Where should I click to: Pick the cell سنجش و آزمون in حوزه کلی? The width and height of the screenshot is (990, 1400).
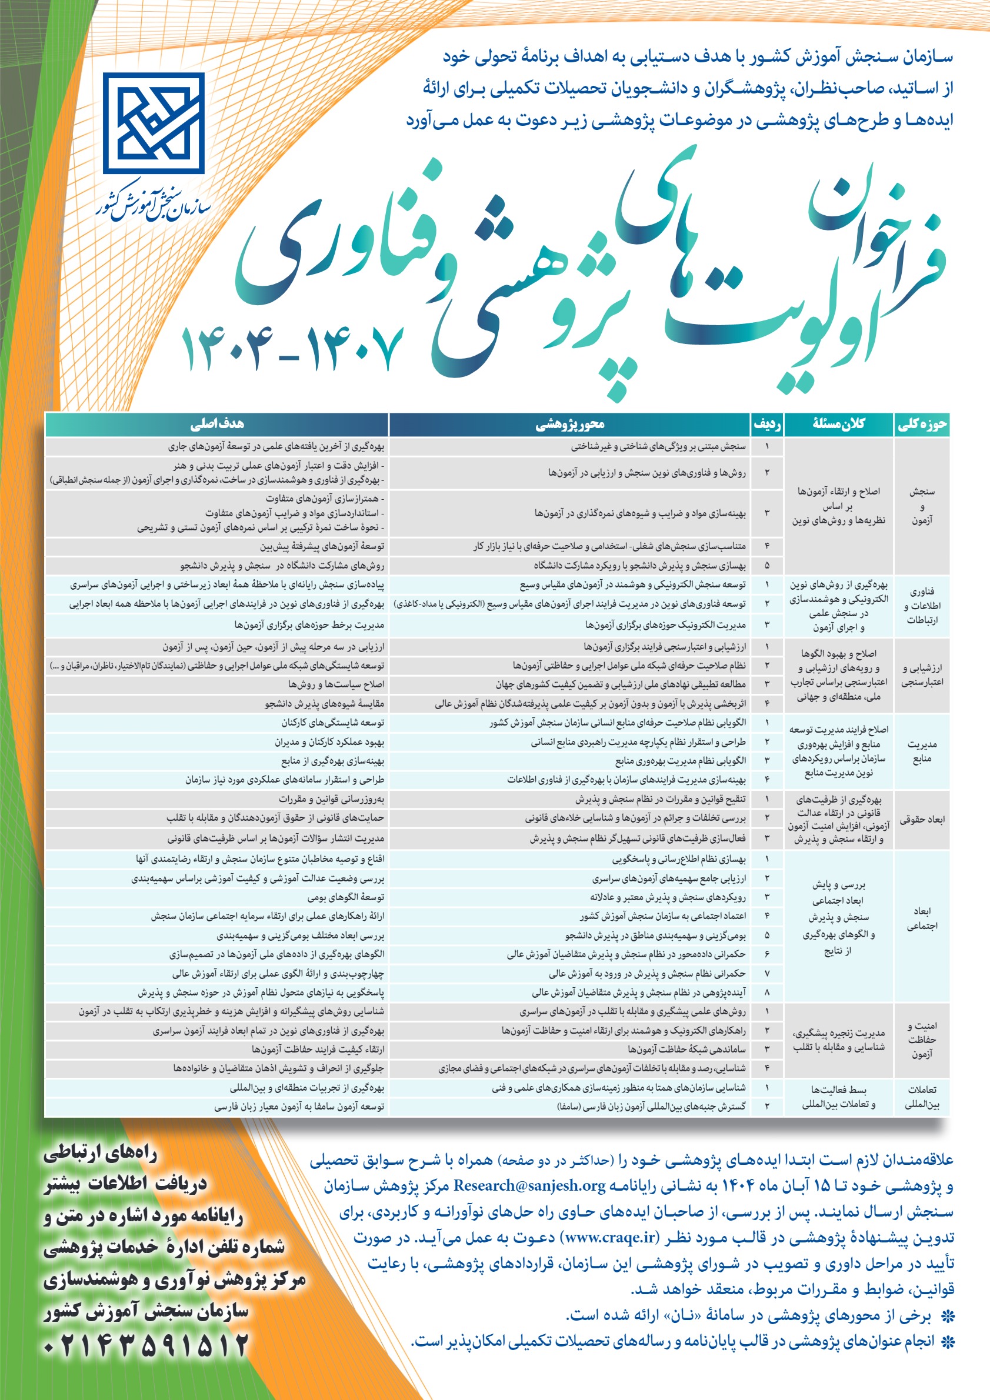(x=922, y=506)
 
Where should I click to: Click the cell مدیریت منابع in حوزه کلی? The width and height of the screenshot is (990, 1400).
(x=922, y=751)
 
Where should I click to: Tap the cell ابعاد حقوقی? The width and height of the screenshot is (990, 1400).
(x=922, y=820)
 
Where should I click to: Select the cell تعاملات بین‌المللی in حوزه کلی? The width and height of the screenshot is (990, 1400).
(x=922, y=1097)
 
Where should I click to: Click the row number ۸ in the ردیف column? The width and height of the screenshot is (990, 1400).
(x=766, y=993)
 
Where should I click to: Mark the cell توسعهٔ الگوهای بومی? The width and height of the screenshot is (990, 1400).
(x=346, y=897)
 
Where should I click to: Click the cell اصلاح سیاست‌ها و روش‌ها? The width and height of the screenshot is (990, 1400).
(x=336, y=685)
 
